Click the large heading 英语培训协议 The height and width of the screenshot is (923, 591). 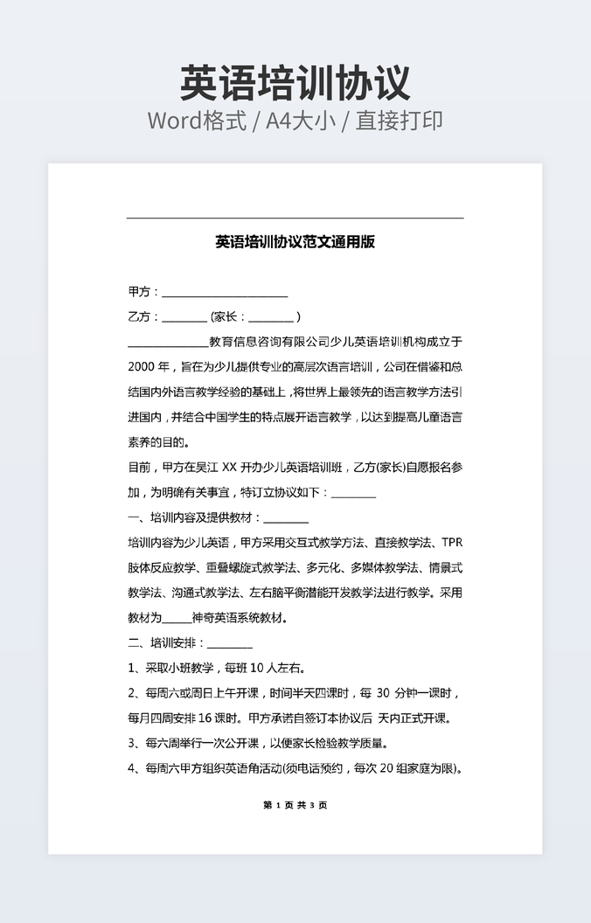[x=295, y=83]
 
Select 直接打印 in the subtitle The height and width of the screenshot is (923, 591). [x=399, y=121]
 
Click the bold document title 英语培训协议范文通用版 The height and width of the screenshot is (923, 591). [x=295, y=242]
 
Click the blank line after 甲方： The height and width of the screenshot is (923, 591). [x=225, y=293]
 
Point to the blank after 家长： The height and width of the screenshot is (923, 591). [x=271, y=317]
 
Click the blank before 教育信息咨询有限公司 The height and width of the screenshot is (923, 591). [x=168, y=342]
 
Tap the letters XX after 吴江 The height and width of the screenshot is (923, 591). [x=230, y=468]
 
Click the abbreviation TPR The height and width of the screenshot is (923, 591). [x=451, y=543]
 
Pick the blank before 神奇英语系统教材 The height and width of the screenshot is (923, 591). [x=177, y=618]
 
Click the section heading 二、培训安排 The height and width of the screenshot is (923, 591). [x=165, y=643]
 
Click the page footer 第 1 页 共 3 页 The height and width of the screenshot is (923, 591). [x=295, y=805]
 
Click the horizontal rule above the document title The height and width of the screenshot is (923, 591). [x=295, y=218]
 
